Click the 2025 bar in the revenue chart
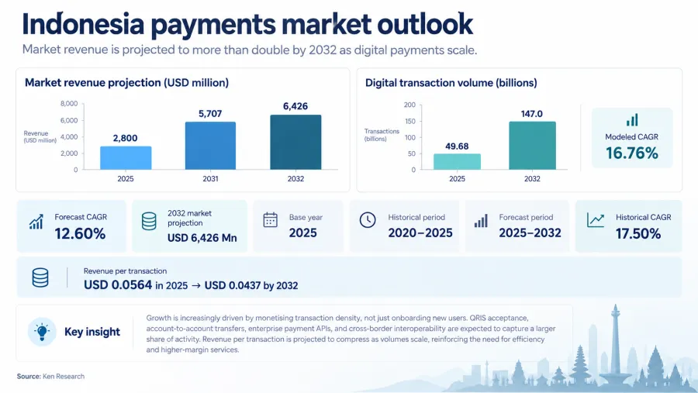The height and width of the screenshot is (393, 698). pos(126,158)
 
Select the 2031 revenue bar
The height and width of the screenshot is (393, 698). pos(210,146)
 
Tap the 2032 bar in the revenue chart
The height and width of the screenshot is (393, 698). pos(295,143)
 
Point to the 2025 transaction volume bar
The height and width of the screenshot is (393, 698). pos(457,161)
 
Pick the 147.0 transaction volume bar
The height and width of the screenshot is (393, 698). pos(532,146)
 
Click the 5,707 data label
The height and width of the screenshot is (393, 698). pos(210,114)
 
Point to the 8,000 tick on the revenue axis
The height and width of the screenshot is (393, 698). pos(69,104)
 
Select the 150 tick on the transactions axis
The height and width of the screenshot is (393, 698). pos(410,121)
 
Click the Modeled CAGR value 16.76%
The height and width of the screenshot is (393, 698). pos(631,153)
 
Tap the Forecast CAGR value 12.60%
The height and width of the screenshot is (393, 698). pos(80,233)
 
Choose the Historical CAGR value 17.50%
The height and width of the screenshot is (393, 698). pos(638,233)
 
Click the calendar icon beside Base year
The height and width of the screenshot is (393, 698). pos(270,220)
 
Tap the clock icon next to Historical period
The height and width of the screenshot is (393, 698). pos(368,220)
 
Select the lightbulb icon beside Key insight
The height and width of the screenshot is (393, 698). pos(42,332)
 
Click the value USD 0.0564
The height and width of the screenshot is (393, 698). pos(118,284)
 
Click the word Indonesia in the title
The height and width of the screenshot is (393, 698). pos(83,25)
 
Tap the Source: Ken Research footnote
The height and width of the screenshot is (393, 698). pos(50,376)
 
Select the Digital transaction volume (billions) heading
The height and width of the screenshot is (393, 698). pos(451,83)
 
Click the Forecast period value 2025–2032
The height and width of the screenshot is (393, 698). pos(530,233)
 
